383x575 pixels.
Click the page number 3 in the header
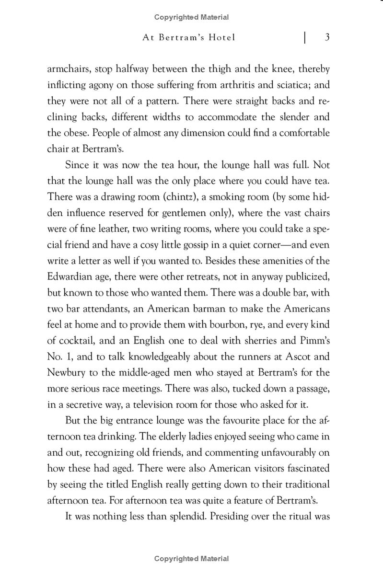[326, 38]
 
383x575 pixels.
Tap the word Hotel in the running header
[219, 38]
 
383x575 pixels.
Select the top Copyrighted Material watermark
[192, 17]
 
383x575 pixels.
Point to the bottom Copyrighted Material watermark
[192, 558]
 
